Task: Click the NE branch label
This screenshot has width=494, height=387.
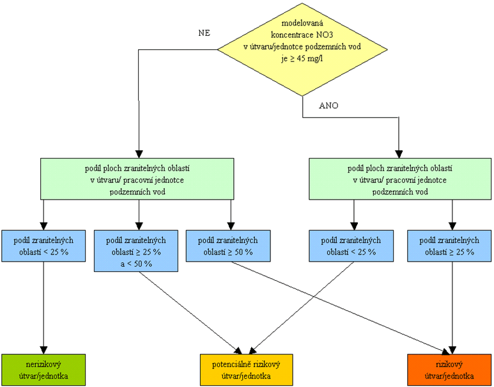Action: point(204,33)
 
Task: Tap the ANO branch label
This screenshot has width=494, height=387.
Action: point(328,106)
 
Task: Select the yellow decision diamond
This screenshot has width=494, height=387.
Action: point(302,49)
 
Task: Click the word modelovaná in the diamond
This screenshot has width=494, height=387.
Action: point(302,23)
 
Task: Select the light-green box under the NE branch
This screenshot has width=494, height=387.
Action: point(137,179)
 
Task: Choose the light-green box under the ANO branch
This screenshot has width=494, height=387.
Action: point(400,179)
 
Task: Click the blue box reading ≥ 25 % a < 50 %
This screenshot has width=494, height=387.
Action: point(136,251)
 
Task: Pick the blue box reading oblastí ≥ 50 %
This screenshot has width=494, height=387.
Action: point(228,246)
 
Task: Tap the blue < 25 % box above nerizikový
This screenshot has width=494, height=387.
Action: point(43,246)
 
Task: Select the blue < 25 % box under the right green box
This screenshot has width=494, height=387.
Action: point(351,246)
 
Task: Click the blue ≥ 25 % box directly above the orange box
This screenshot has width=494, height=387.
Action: point(449,246)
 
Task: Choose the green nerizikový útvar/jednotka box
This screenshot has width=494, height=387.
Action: point(43,370)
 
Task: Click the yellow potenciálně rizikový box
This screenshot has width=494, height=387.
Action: point(247,370)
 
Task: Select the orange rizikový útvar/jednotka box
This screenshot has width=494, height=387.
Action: point(449,370)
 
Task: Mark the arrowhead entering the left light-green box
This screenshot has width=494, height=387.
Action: point(139,154)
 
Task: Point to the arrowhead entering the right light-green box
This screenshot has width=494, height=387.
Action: point(399,154)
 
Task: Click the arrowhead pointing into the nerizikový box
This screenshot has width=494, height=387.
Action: point(43,350)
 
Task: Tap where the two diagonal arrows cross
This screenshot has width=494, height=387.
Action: point(314,296)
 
